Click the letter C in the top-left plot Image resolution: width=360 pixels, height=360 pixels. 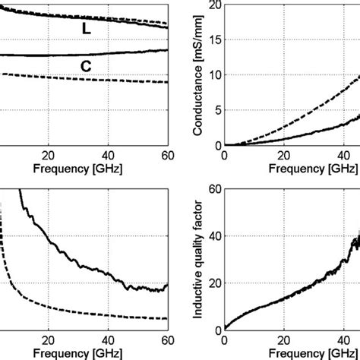coord(86,66)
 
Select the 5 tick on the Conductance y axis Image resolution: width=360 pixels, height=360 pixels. coord(215,110)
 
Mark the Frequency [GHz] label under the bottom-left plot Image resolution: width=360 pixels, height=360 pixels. coord(78,352)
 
